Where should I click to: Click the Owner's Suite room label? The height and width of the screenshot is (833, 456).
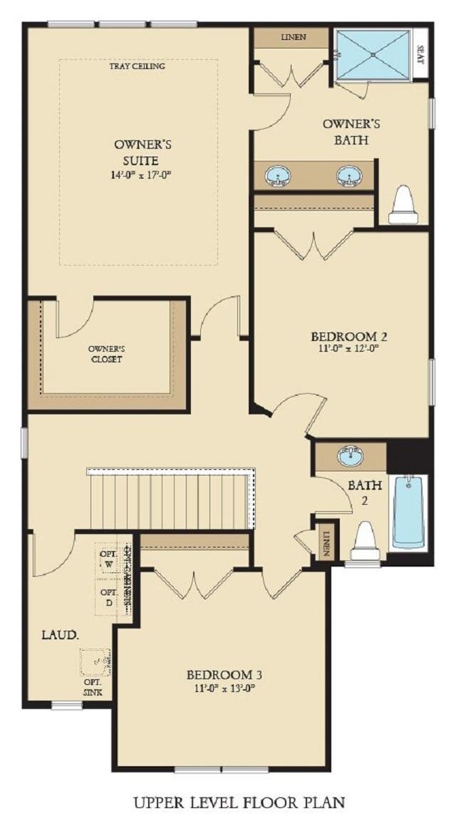(142, 152)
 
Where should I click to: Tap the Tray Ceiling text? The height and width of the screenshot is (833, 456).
(138, 66)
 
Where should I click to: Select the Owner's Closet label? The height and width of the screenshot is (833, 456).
(106, 354)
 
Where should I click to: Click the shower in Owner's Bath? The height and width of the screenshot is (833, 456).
(373, 54)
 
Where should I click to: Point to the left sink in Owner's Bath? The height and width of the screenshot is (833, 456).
(276, 175)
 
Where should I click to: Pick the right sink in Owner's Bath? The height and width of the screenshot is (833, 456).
(348, 175)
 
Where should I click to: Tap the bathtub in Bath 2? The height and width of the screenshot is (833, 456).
(408, 511)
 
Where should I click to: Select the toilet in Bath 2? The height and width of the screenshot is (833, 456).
(366, 543)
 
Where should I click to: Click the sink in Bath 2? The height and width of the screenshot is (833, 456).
(350, 456)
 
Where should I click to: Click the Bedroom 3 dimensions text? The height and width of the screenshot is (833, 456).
(220, 688)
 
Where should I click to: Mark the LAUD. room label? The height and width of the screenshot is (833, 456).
(60, 634)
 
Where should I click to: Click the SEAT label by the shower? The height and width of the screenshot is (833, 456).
(419, 54)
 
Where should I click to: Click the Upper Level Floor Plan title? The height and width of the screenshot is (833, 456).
(239, 802)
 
